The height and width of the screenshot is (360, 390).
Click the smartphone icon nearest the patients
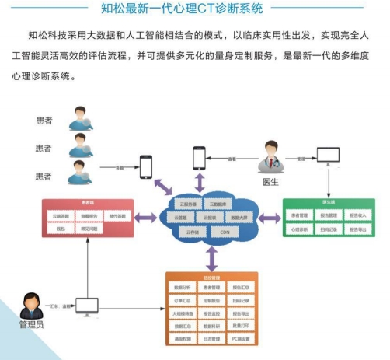tap(145, 167)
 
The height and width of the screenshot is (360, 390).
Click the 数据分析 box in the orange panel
tap(182, 287)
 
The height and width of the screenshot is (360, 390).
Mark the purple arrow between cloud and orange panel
tap(211, 257)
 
